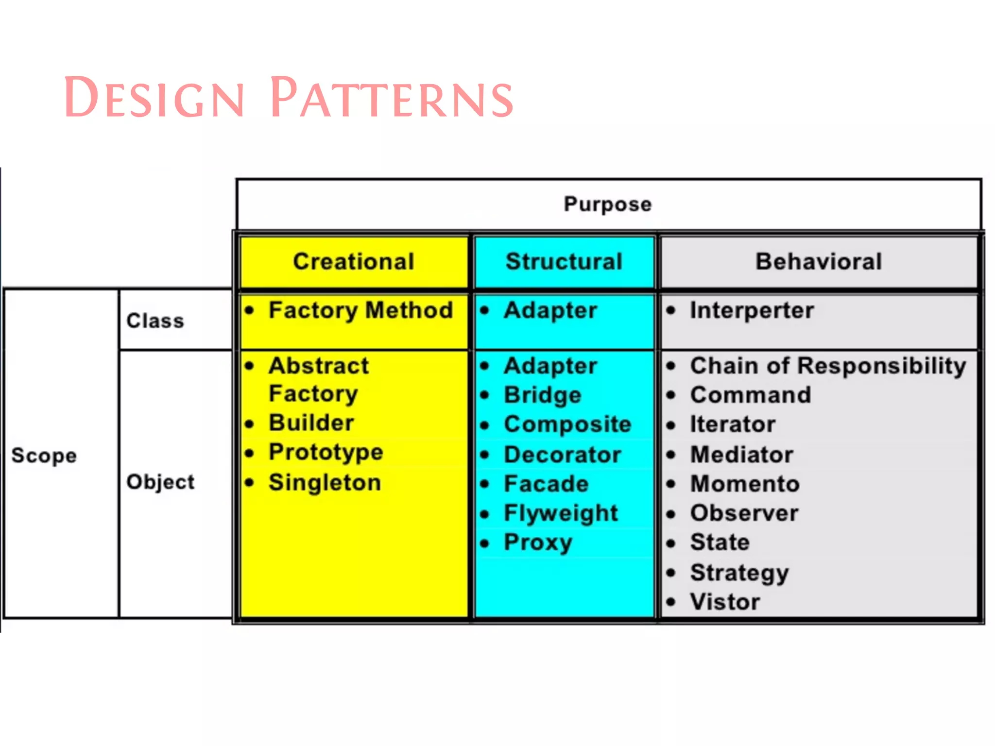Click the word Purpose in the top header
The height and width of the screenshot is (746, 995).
click(607, 204)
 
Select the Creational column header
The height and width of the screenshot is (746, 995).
click(354, 262)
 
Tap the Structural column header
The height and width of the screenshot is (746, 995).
click(564, 262)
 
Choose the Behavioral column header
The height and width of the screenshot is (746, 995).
click(819, 262)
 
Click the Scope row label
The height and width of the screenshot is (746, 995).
click(44, 456)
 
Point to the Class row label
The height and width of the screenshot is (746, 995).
click(155, 321)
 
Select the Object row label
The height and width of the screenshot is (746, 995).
click(160, 482)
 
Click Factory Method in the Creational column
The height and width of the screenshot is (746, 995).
click(360, 311)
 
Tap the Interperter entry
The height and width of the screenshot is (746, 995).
click(752, 311)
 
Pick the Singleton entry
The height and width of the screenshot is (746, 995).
click(325, 483)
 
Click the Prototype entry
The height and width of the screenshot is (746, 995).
click(326, 453)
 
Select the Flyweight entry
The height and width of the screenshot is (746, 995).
click(561, 513)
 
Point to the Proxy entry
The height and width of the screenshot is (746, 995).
click(538, 543)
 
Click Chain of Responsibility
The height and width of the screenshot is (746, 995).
click(828, 366)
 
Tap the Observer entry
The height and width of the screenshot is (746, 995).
click(744, 513)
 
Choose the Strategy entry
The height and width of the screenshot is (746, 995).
click(739, 573)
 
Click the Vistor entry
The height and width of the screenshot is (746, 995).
click(725, 602)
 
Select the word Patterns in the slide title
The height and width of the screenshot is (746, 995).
click(392, 98)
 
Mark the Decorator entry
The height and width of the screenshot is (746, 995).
click(563, 455)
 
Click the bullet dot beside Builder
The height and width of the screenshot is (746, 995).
click(250, 424)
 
